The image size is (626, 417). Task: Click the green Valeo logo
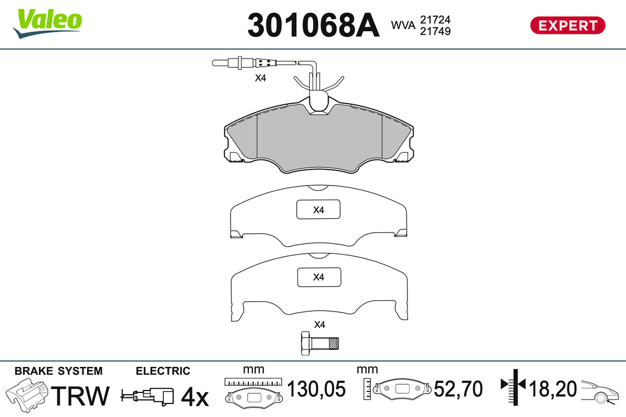pos(47,23)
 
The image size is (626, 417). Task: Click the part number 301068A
pos(314,25)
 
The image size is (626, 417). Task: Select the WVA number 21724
pos(435,20)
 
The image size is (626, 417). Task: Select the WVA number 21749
pos(435,31)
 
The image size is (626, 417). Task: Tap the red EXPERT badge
pos(568,26)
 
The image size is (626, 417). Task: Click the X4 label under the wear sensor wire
pos(260,78)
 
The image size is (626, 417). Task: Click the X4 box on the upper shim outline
pos(318,210)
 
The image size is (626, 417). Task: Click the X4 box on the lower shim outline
pos(319,277)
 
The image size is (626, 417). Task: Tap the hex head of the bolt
pos(305,344)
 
